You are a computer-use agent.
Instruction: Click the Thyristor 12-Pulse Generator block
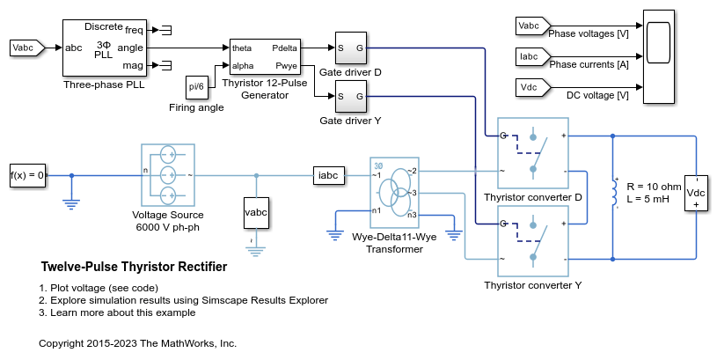point(265,56)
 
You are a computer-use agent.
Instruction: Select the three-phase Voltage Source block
point(167,174)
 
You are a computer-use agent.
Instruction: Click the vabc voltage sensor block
point(256,212)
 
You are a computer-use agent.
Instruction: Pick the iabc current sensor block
point(329,174)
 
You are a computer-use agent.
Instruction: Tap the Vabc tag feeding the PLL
point(25,47)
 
